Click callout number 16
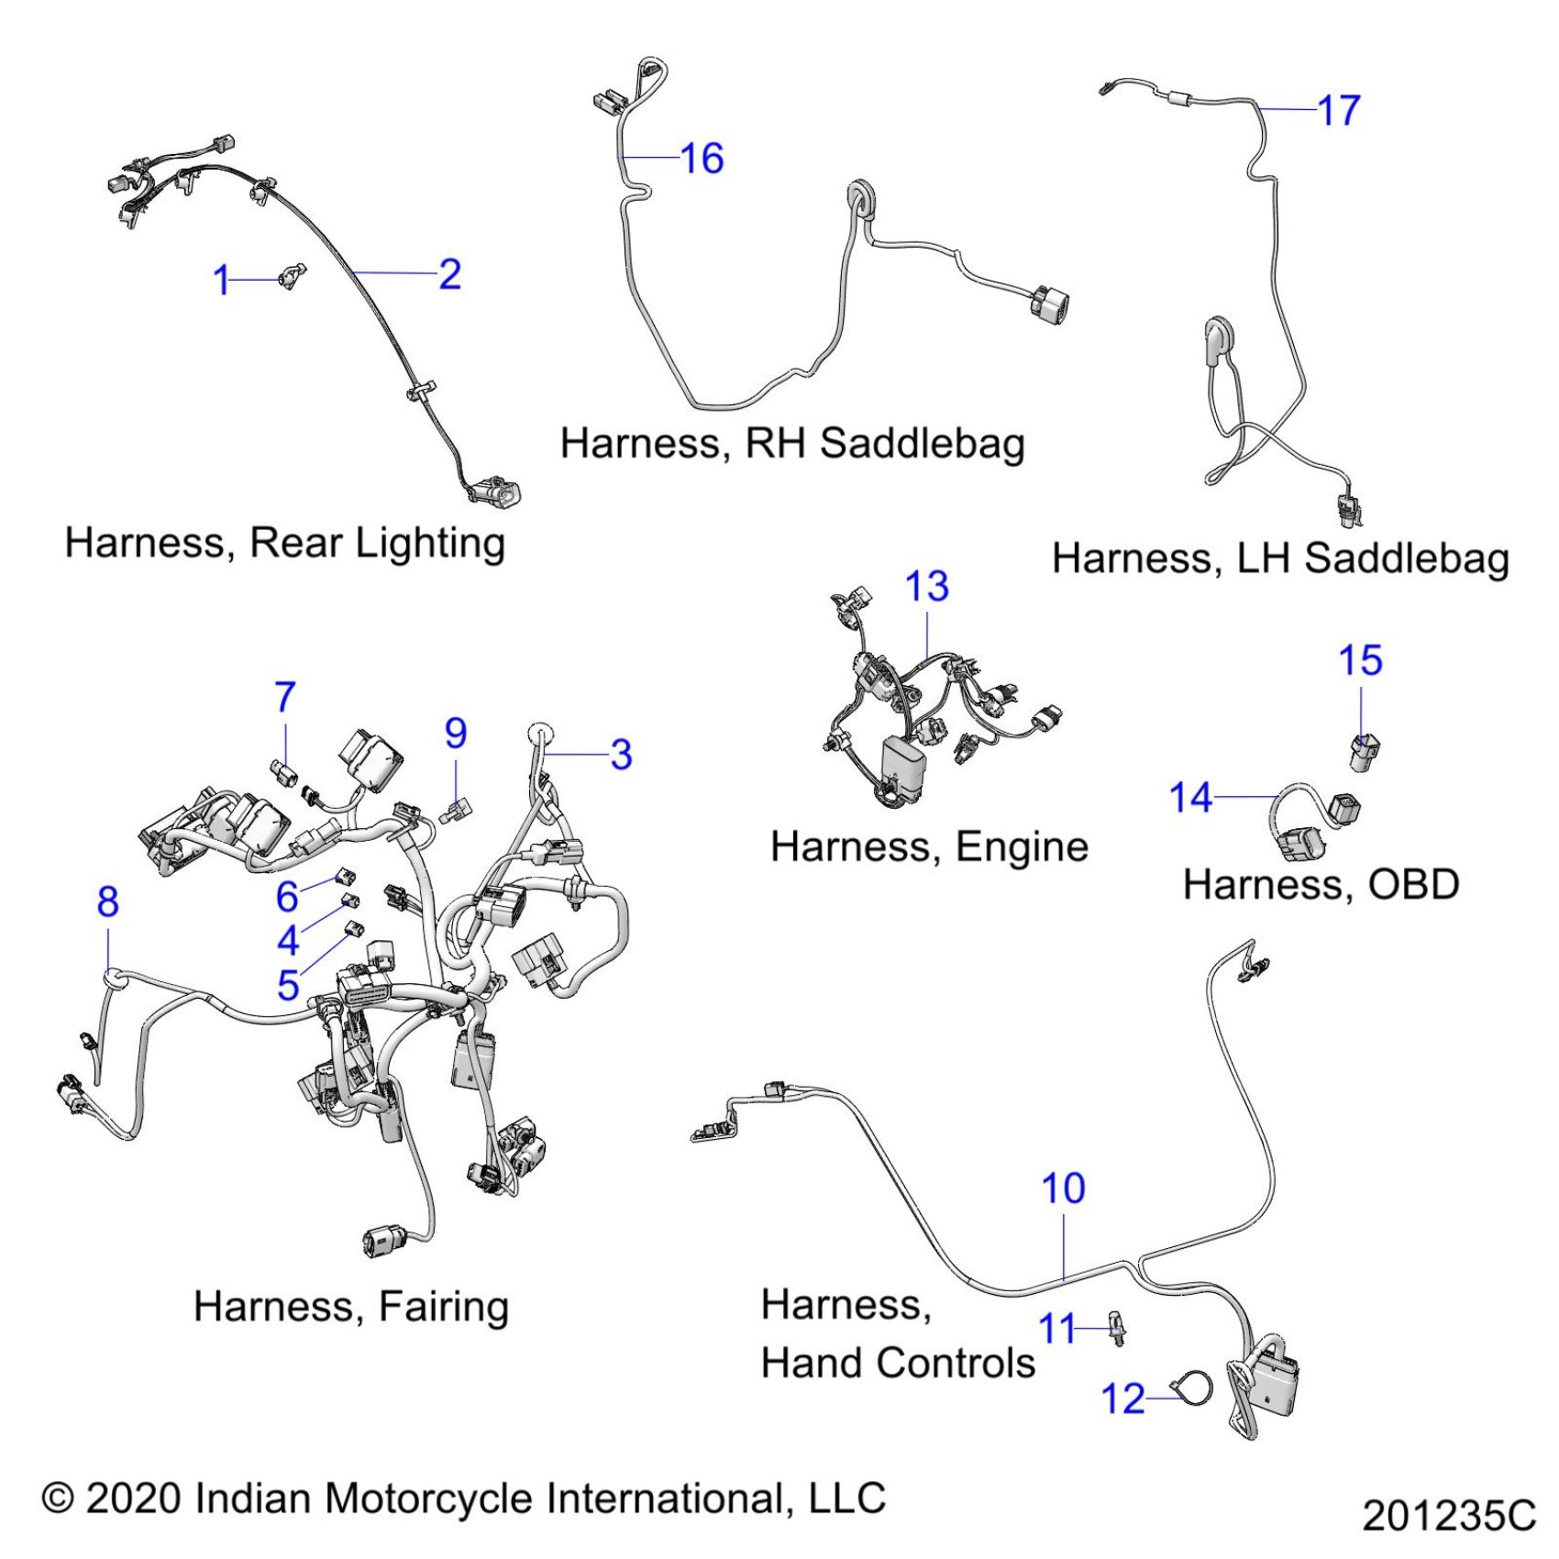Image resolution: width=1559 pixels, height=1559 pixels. tap(702, 159)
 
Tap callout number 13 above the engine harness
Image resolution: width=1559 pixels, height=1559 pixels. tap(926, 587)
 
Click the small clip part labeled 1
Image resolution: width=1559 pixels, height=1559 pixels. tap(291, 275)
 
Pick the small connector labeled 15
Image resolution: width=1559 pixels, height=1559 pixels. tap(1365, 751)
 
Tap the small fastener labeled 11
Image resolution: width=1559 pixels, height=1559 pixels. tap(1118, 1327)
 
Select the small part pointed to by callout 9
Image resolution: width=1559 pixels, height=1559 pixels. tap(456, 810)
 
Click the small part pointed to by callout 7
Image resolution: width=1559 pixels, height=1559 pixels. tap(285, 772)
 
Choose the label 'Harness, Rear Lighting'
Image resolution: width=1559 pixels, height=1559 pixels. tap(284, 543)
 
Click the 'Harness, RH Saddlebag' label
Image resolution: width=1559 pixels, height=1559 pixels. tap(792, 443)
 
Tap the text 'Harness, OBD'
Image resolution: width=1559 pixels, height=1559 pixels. tap(1321, 885)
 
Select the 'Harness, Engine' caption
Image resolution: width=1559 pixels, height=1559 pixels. tap(929, 847)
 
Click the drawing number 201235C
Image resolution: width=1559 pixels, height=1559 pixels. tap(1448, 1516)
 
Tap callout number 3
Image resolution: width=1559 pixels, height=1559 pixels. tap(621, 755)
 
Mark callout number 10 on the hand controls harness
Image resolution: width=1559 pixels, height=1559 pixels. tap(1063, 1189)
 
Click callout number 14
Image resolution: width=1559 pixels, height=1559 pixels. tap(1190, 798)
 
